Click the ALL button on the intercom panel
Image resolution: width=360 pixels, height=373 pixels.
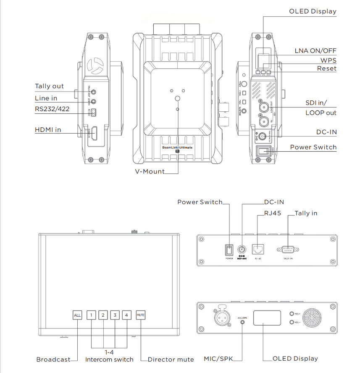(77, 315)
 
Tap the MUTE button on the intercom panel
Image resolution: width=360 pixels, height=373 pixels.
(141, 315)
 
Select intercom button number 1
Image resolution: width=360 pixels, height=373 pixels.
(91, 315)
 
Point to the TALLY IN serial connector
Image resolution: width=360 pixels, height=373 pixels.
(288, 250)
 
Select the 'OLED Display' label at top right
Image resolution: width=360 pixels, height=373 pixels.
(313, 11)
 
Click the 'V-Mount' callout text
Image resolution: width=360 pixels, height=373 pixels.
(150, 171)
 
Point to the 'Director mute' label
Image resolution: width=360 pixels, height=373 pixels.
(171, 360)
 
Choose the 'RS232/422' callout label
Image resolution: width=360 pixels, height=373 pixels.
(52, 110)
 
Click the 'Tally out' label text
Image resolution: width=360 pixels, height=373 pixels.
(49, 86)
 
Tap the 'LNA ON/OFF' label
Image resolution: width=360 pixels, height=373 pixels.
(315, 51)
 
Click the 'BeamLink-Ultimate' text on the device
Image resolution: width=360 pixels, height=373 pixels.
(177, 148)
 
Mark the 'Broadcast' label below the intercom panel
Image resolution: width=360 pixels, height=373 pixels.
(53, 360)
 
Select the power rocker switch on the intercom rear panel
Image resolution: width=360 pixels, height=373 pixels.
(229, 250)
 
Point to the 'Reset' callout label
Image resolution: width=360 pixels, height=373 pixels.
(326, 69)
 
